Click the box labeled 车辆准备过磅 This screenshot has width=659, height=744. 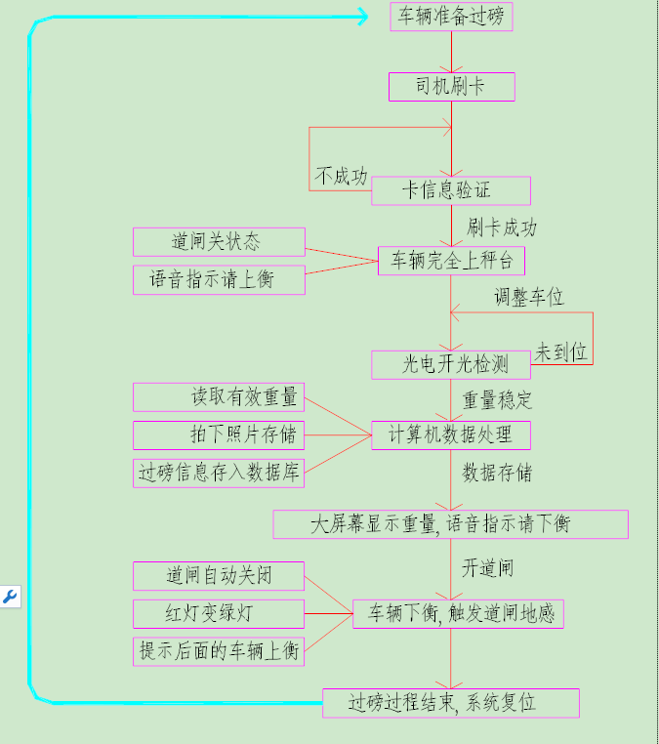coord(451,17)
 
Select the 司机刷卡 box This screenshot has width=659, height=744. coord(451,87)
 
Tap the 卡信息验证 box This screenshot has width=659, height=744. coord(450,190)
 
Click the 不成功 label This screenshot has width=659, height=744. coord(342,177)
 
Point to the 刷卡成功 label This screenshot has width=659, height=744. coord(502,228)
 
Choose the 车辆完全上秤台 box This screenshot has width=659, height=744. coord(451,261)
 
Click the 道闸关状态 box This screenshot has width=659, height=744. coord(219,241)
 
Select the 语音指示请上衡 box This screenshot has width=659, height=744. coord(219,280)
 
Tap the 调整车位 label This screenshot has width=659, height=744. coord(528,297)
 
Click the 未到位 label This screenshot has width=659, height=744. coord(561,352)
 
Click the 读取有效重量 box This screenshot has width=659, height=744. coord(219,396)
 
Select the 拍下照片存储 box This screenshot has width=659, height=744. coord(219,434)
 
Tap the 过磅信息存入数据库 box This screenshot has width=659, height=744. coord(219,473)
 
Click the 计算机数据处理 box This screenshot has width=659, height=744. coord(450,434)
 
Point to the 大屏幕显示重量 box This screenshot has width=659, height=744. coord(450,524)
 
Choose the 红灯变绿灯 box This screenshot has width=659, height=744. coord(219,614)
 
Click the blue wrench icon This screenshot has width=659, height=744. coord(10,597)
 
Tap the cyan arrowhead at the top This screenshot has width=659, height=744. coord(361,17)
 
